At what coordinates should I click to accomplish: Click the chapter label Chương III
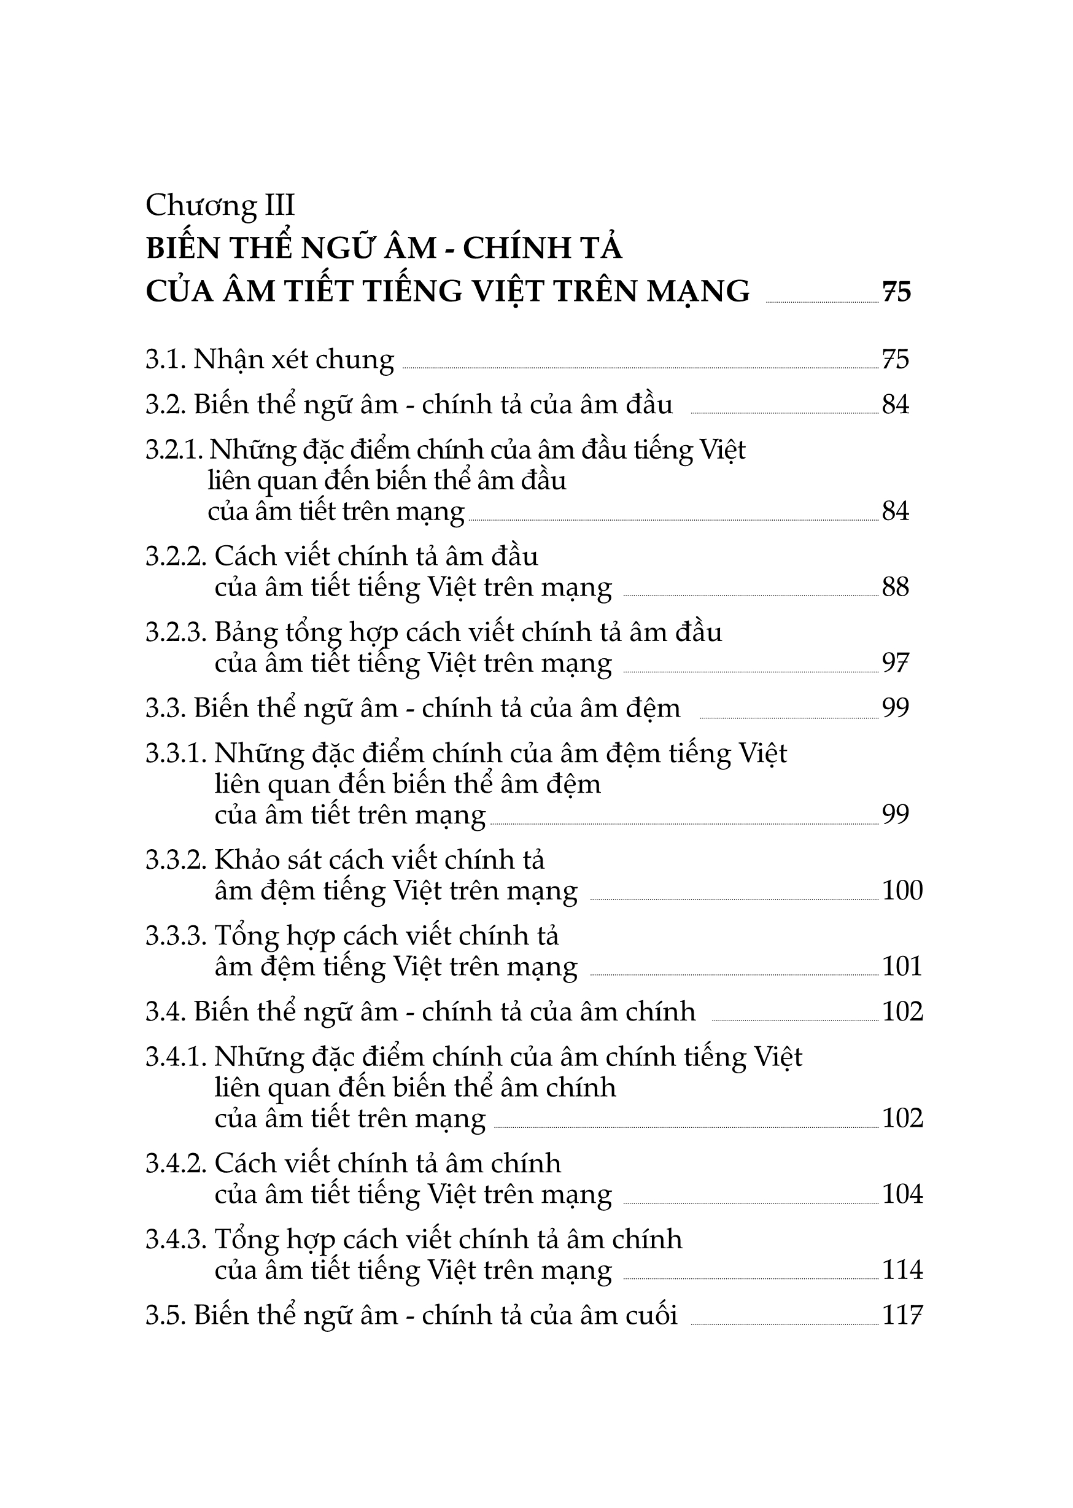pyautogui.click(x=220, y=206)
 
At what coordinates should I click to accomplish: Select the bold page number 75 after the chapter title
pyautogui.click(x=897, y=292)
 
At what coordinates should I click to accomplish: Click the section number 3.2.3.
pyautogui.click(x=176, y=632)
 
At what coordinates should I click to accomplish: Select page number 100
pyautogui.click(x=902, y=891)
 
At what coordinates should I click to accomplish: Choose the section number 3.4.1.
pyautogui.click(x=176, y=1057)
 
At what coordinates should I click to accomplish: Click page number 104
pyautogui.click(x=902, y=1194)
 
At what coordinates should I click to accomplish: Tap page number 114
pyautogui.click(x=902, y=1270)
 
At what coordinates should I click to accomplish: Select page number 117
pyautogui.click(x=902, y=1316)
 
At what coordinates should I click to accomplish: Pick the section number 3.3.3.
pyautogui.click(x=176, y=936)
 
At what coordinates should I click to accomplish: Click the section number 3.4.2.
pyautogui.click(x=176, y=1164)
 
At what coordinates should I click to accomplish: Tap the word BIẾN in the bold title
pyautogui.click(x=182, y=248)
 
